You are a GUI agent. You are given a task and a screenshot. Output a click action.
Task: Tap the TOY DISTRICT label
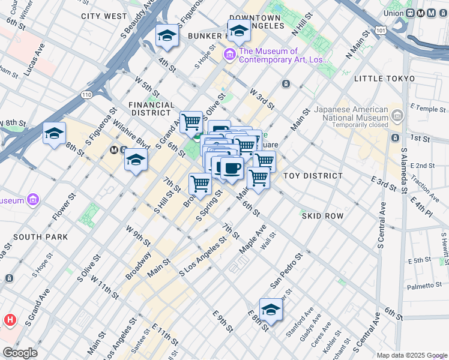click(x=313, y=176)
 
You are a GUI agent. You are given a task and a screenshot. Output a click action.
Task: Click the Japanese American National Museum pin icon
click(x=396, y=114)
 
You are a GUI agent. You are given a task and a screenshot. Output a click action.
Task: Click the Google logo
click(x=20, y=353)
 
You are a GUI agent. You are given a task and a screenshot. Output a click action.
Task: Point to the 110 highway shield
click(x=88, y=94)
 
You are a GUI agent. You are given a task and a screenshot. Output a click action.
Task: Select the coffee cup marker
click(x=232, y=168)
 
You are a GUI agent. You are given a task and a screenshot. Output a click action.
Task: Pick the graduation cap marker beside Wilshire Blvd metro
click(x=136, y=160)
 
